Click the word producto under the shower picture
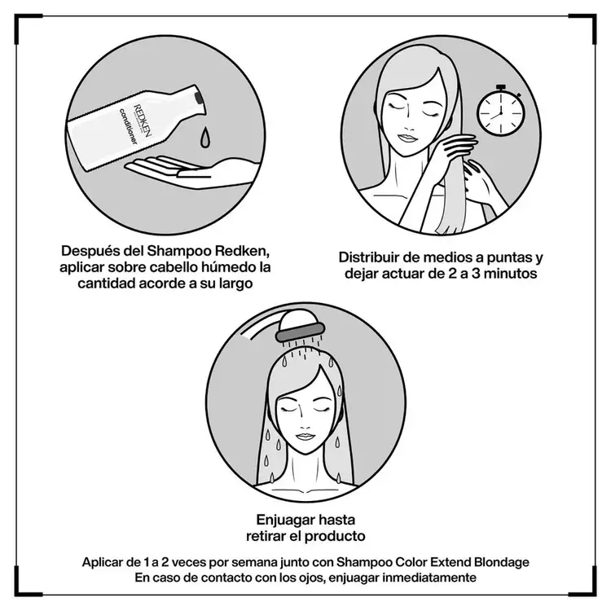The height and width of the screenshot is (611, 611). [x=335, y=536]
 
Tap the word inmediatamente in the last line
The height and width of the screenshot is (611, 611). [x=422, y=578]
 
